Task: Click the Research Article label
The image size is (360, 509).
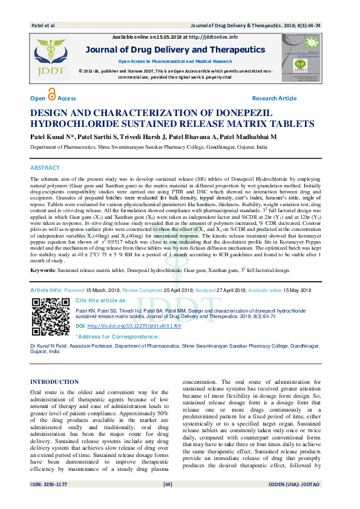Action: pos(274,99)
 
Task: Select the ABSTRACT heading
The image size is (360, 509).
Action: pos(45,151)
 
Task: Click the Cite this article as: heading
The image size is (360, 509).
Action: pos(101,300)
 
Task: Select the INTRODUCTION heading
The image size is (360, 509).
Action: pos(54,382)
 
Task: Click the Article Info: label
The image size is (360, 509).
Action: pos(46,290)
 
